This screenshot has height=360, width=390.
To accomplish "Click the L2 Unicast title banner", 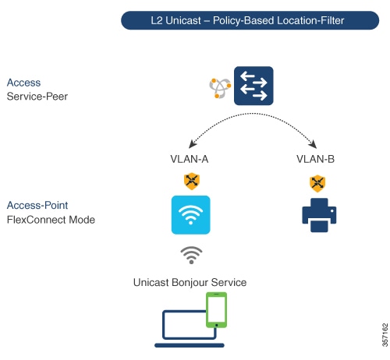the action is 250,20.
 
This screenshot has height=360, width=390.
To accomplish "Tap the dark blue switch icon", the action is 253,86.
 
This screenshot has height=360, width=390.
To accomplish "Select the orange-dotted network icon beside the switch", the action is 220,88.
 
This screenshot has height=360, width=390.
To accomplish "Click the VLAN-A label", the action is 190,159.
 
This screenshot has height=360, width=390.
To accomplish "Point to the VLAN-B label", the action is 315,159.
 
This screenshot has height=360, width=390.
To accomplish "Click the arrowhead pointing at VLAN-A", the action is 193,144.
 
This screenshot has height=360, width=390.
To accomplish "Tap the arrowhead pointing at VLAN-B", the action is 313,144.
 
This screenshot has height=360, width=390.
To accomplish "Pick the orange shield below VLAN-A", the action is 192,181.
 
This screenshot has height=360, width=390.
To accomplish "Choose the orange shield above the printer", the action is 317,183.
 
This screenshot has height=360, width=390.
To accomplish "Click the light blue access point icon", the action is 190,215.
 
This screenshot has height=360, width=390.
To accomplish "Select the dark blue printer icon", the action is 319,215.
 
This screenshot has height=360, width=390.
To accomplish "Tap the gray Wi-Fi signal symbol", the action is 191,255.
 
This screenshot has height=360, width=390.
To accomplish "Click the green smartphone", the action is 216,309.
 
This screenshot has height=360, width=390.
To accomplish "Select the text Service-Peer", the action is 37,97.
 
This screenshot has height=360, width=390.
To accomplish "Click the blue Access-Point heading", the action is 37,205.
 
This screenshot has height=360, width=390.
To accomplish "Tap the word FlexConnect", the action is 37,220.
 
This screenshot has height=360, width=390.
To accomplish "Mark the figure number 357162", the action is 385,335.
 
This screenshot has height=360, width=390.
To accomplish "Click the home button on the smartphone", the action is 216,325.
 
